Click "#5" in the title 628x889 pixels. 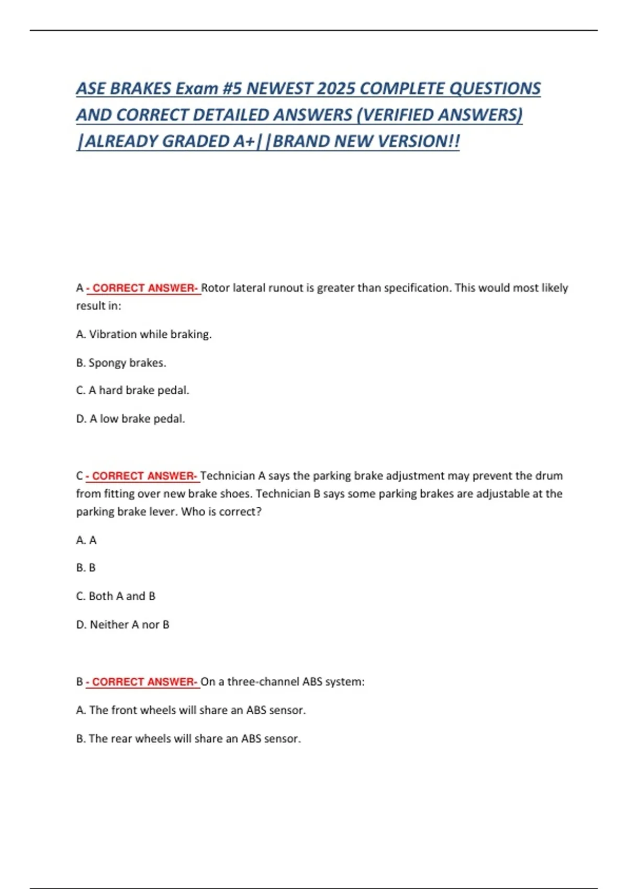[232, 88]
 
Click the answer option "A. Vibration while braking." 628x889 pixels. [144, 334]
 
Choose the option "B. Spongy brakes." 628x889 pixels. [121, 362]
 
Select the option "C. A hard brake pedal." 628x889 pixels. [132, 390]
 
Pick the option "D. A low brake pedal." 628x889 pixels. [130, 418]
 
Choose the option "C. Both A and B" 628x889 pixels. [116, 596]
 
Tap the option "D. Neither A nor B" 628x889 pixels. [122, 624]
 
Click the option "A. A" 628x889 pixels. [86, 540]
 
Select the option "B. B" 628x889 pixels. [86, 567]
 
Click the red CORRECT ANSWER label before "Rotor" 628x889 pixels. [143, 288]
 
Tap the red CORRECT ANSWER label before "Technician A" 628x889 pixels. [142, 476]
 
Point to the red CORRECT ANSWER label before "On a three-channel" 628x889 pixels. [142, 682]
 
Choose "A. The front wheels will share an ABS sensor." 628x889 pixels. [191, 710]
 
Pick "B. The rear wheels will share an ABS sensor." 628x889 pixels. [188, 738]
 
